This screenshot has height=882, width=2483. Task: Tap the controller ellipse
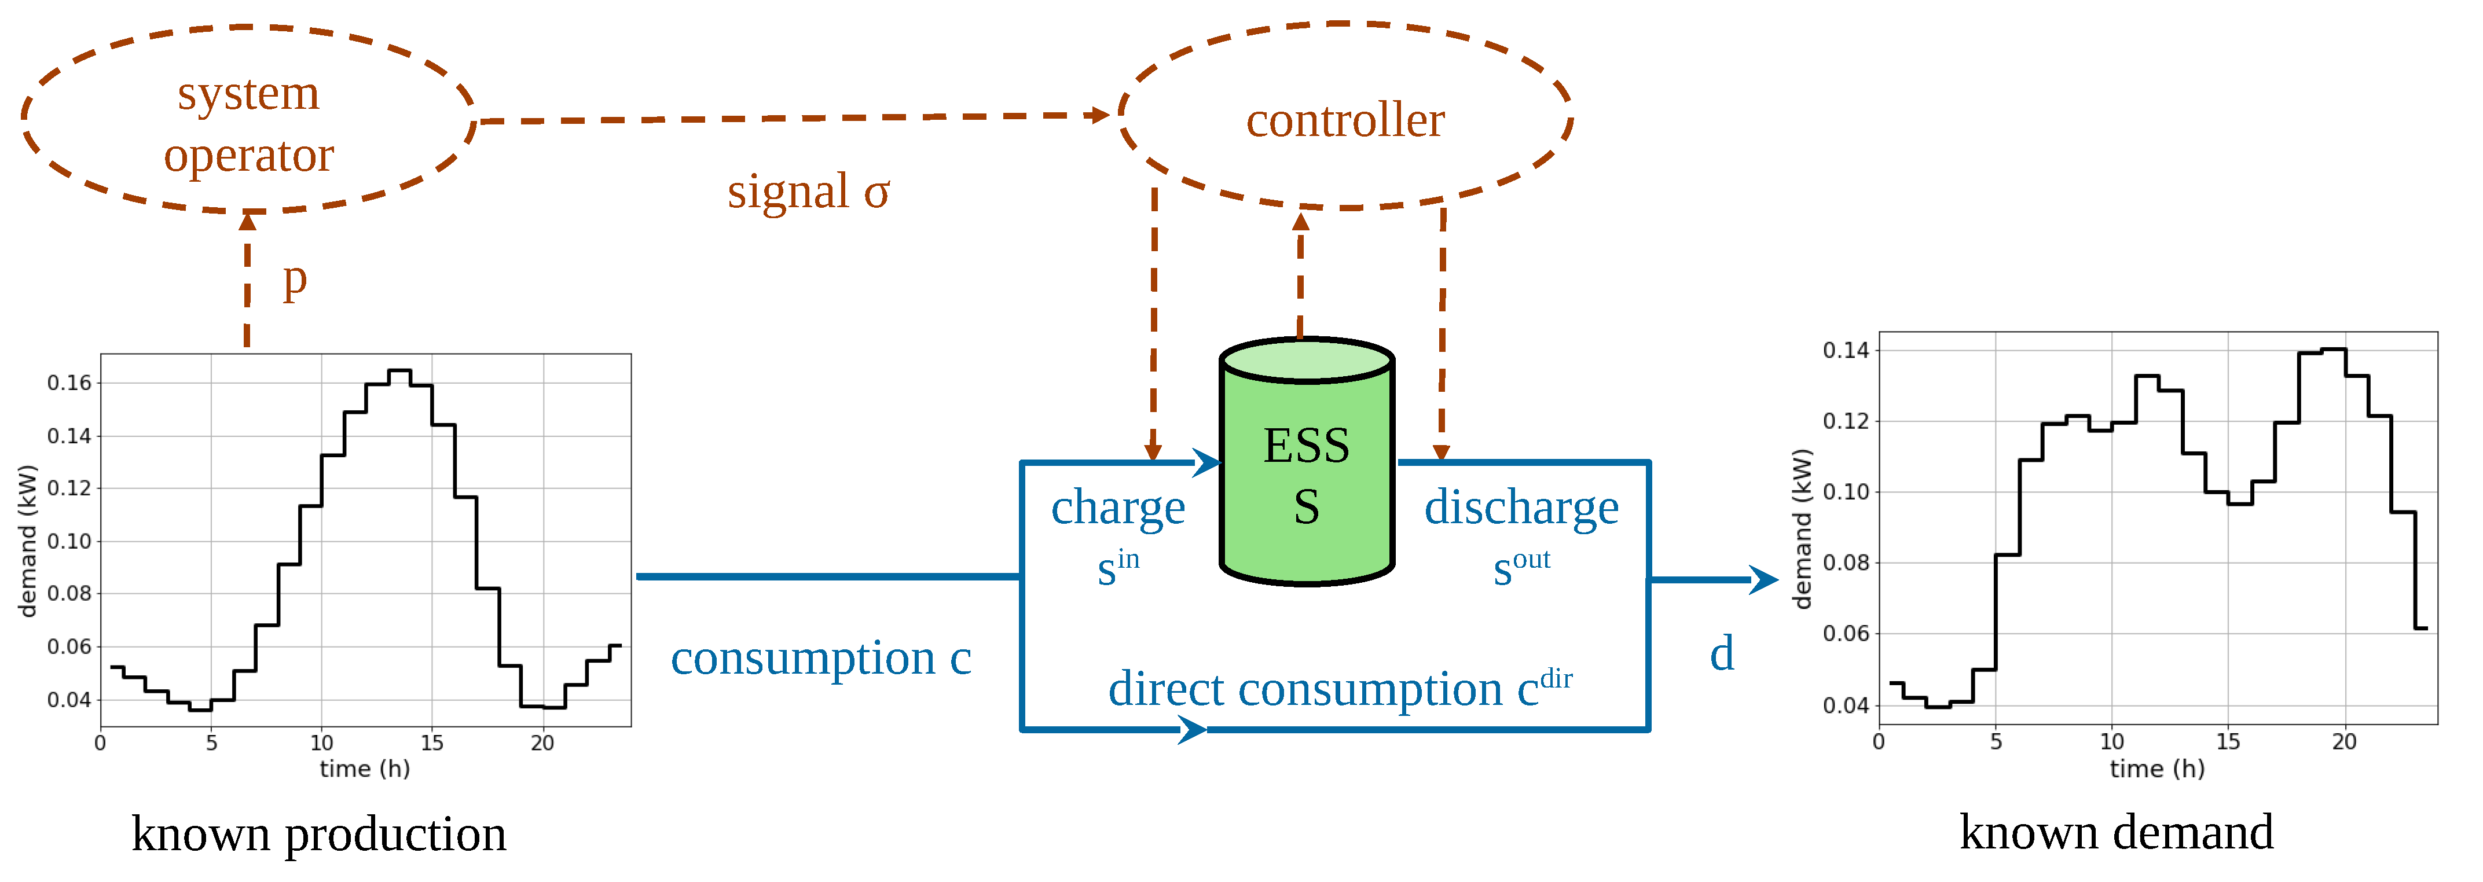click(x=1345, y=120)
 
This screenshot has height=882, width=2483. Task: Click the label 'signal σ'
click(x=808, y=191)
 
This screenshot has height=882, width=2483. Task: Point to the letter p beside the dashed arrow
click(x=294, y=281)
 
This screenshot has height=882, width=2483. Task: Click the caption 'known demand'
click(x=2116, y=832)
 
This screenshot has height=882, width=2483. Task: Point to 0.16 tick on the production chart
click(x=69, y=383)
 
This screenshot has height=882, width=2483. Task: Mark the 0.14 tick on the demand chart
click(x=1845, y=350)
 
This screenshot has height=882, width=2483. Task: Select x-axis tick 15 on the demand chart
click(x=2228, y=741)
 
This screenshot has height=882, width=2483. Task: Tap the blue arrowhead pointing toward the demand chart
click(x=1764, y=579)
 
